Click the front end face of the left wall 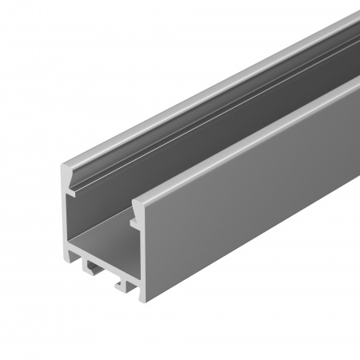point(64,216)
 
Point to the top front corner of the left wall point(63,165)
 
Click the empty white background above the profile point(120,48)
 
